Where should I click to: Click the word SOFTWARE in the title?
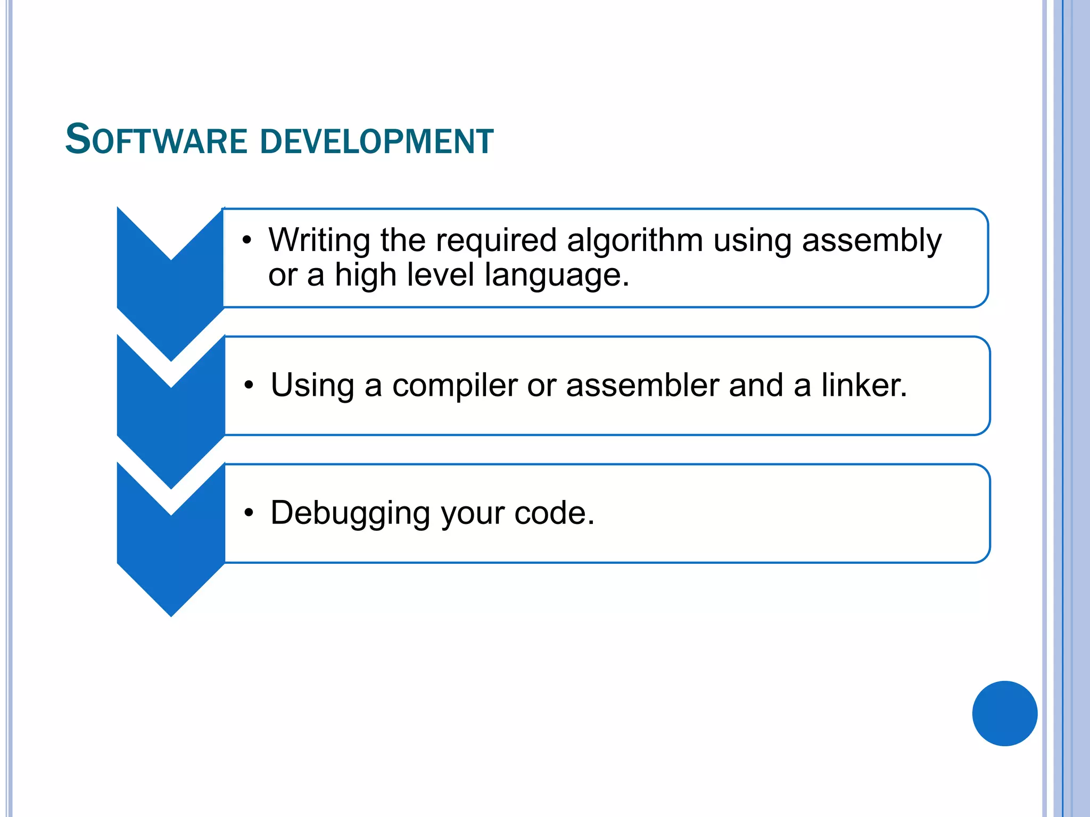pos(156,140)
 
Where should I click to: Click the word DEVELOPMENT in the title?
pos(377,141)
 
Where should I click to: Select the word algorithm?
pos(634,240)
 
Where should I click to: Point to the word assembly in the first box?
pos(871,240)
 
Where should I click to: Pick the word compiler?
pos(455,385)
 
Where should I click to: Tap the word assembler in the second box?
pos(642,385)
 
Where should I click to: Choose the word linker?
pos(864,385)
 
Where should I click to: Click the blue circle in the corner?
pos(1004,713)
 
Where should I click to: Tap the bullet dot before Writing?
pos(246,240)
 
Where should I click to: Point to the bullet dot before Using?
pos(249,385)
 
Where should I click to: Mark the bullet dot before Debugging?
pos(249,513)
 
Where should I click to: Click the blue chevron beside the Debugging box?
pos(171,553)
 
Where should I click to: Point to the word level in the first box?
pos(440,276)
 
